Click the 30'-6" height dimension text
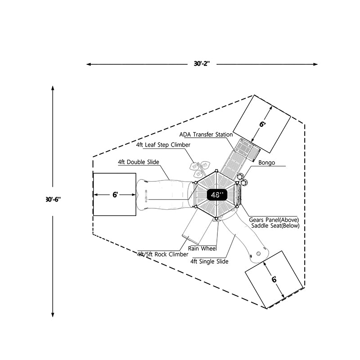click(53, 199)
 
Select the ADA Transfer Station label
click(206, 135)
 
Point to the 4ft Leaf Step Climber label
click(163, 145)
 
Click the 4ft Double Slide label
click(139, 162)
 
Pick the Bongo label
click(266, 162)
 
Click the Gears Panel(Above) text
click(274, 220)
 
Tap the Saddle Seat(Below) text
click(275, 225)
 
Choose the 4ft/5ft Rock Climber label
click(163, 254)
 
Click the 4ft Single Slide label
click(209, 261)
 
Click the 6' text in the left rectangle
click(115, 194)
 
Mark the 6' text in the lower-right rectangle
click(274, 279)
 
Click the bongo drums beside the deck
click(243, 180)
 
